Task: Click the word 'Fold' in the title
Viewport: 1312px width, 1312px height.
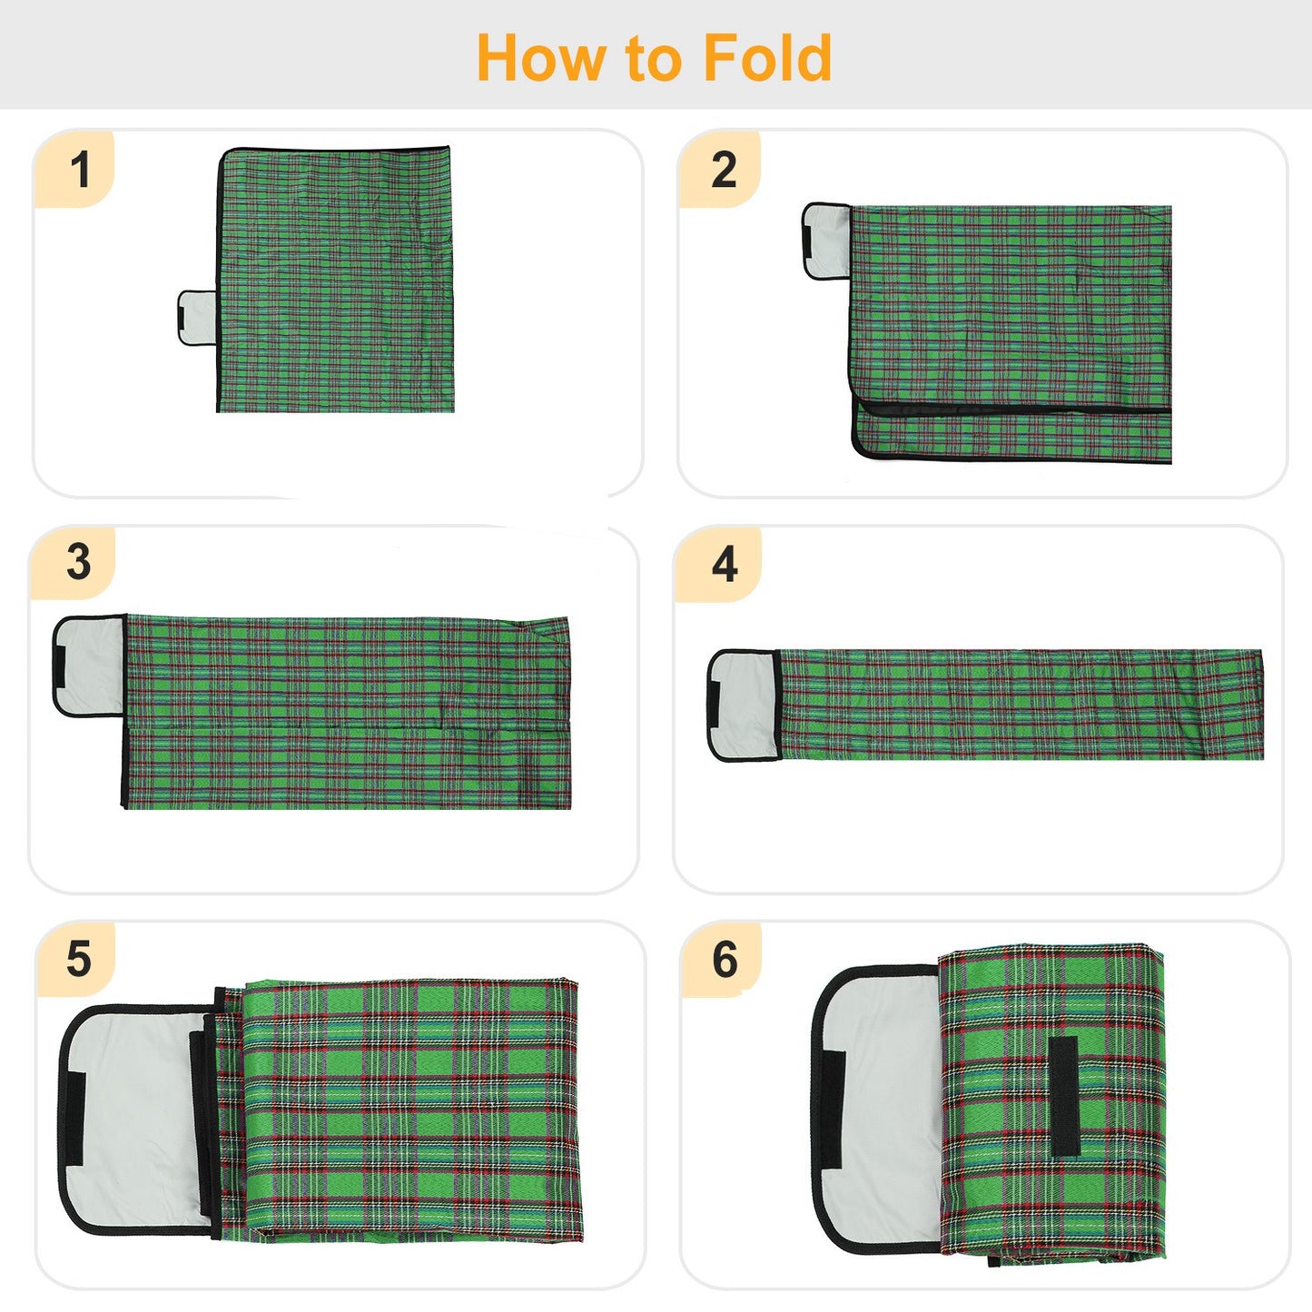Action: point(767,58)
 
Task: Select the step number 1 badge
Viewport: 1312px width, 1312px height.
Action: point(80,170)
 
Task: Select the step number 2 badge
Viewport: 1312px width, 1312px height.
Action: point(724,170)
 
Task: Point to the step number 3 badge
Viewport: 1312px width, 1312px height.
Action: point(79,562)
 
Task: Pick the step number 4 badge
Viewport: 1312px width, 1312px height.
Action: point(725,565)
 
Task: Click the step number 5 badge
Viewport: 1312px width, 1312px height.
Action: point(79,959)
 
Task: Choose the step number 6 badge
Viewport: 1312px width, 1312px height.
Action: point(725,960)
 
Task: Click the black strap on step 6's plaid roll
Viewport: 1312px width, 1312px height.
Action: point(1063,1096)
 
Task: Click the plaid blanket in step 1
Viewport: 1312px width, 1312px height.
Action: point(336,281)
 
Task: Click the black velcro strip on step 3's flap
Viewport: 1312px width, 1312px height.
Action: point(59,666)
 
